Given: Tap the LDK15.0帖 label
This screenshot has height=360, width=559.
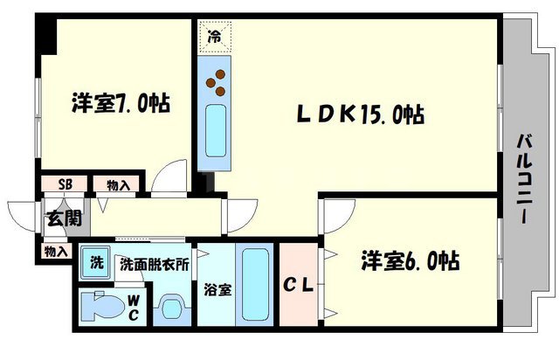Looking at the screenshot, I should click(358, 114).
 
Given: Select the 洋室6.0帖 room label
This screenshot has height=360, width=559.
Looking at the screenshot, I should click(411, 260).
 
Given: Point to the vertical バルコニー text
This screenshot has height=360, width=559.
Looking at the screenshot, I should click(526, 180).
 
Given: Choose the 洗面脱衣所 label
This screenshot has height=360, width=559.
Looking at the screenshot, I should click(154, 264).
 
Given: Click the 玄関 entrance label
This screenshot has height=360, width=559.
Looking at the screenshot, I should click(56, 219).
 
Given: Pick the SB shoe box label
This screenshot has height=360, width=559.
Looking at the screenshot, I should click(65, 184).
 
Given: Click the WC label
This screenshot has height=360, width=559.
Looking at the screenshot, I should click(134, 307).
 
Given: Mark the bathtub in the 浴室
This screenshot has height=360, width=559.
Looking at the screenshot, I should click(254, 283).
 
